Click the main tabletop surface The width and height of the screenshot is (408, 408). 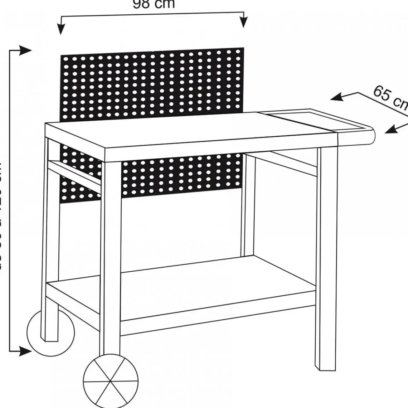point(186,132)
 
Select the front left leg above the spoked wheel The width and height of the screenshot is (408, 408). point(113,251)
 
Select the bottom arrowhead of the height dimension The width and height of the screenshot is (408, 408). point(27,351)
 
